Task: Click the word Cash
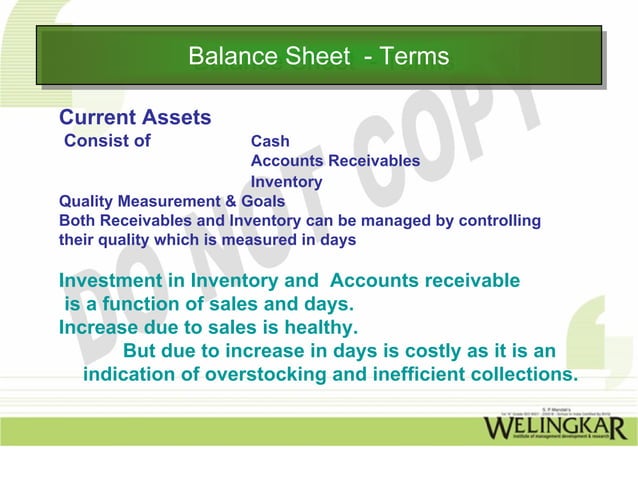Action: click(x=270, y=141)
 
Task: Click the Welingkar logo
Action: click(x=555, y=429)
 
